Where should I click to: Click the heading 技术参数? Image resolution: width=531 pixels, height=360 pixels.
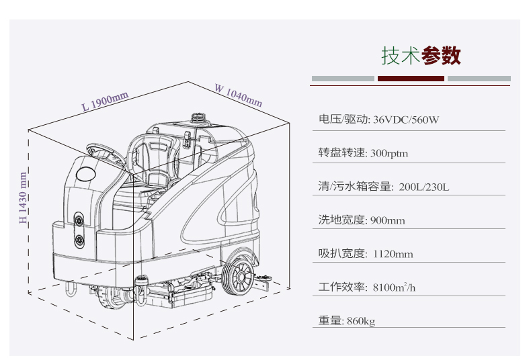click(x=421, y=56)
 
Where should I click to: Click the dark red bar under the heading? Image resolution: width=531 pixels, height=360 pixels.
click(x=411, y=79)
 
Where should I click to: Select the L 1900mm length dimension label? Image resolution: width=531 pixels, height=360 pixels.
click(x=105, y=102)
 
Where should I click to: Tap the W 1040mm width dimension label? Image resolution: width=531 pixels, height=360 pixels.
click(x=239, y=95)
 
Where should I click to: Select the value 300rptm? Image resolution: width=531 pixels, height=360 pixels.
click(x=389, y=154)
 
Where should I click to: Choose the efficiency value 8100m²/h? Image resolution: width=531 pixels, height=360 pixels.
click(x=395, y=288)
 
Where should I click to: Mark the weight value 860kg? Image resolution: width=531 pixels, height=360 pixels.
click(x=361, y=322)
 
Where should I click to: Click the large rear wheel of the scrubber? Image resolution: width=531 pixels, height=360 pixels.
click(x=239, y=277)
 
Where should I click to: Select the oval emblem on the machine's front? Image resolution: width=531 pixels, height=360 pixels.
click(x=85, y=174)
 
